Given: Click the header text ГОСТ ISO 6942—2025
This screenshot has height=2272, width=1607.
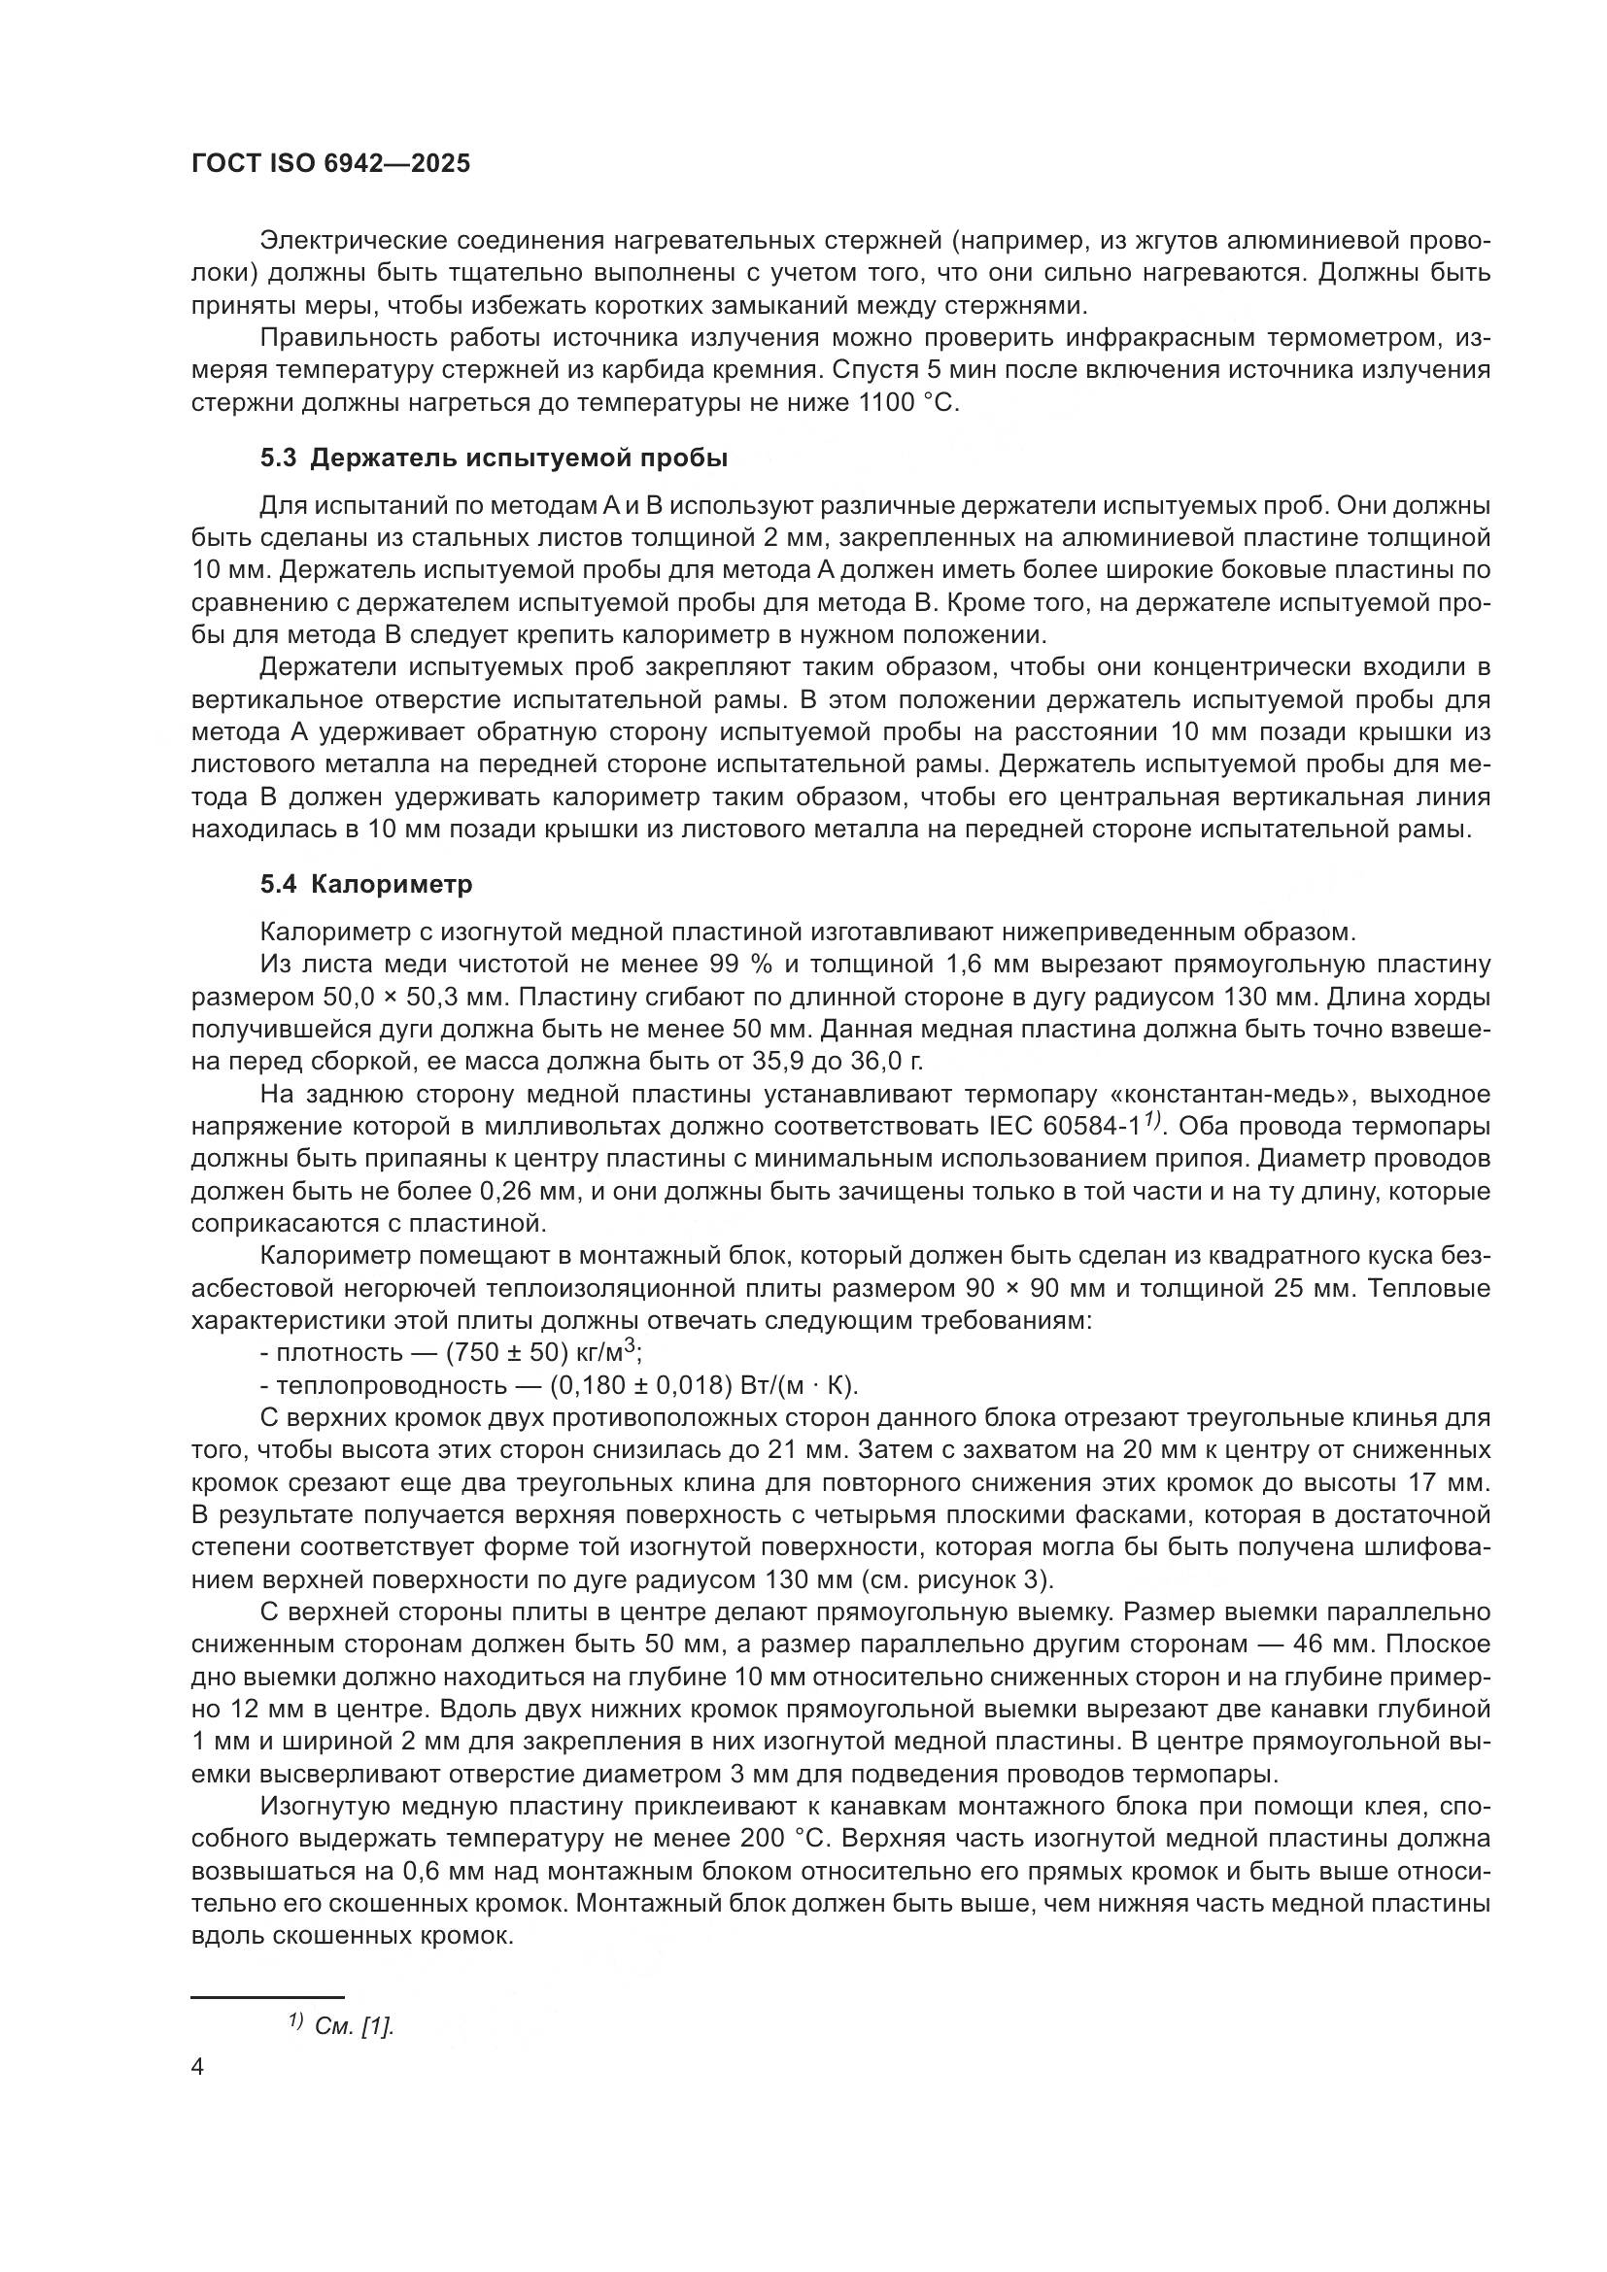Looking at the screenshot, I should click(x=330, y=164).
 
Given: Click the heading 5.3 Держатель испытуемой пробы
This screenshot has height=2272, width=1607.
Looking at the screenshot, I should click(x=494, y=458).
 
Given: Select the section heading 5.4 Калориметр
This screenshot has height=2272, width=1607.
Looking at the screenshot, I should click(x=366, y=885).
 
